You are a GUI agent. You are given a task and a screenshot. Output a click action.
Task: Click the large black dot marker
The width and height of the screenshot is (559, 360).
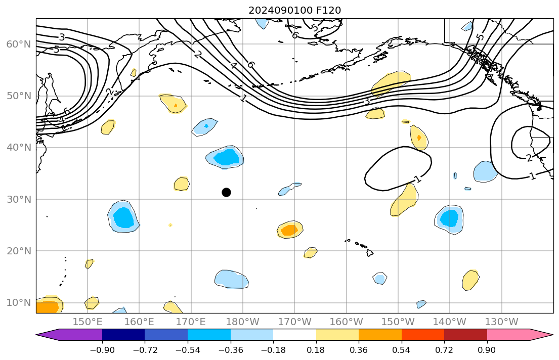coord(226,192)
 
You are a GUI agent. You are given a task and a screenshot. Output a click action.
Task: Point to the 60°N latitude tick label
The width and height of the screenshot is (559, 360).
coord(19,44)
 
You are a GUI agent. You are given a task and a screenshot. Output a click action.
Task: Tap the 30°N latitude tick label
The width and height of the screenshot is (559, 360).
coord(19,199)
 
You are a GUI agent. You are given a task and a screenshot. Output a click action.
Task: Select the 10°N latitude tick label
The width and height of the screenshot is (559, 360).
coord(19,302)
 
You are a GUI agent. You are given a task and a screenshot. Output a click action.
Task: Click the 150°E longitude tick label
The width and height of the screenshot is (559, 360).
coord(88,322)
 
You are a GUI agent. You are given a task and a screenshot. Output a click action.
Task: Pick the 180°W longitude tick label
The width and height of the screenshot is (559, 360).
coord(243,322)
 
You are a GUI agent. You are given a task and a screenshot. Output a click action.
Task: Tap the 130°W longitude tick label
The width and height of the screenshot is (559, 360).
coord(501,322)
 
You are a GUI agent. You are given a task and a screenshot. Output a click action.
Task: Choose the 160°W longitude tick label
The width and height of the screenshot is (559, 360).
coord(346,322)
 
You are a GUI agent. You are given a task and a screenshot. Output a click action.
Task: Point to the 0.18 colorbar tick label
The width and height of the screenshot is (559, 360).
coord(316,349)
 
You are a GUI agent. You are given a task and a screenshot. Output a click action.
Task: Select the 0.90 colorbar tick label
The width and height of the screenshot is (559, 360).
coord(487,349)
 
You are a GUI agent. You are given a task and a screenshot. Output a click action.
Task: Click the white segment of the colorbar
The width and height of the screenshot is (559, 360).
coord(294,335)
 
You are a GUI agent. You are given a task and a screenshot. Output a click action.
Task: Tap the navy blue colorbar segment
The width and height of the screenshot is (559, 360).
coord(123,335)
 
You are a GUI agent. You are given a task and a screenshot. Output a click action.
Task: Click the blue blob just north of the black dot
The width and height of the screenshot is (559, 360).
coord(226,157)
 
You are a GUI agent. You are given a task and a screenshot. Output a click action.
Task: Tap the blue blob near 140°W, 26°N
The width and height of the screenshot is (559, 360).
coord(449,218)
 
